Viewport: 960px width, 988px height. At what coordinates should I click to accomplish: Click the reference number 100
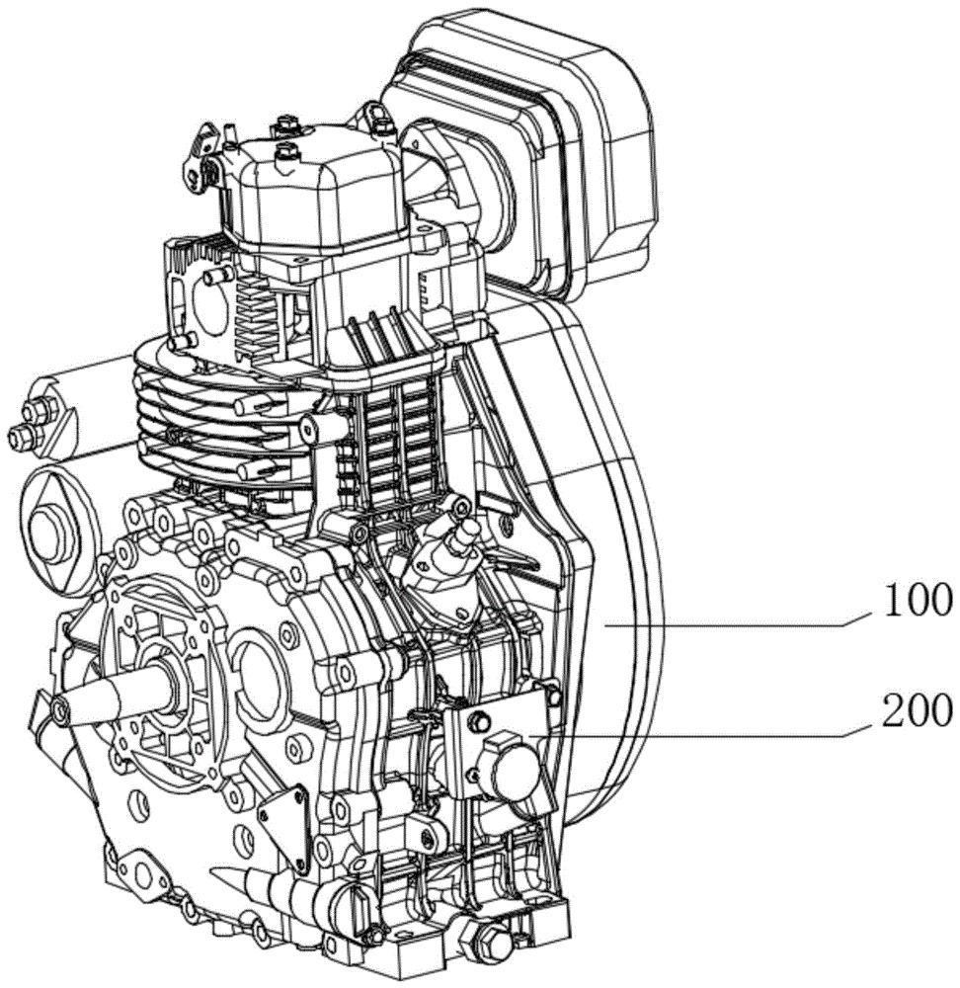918,600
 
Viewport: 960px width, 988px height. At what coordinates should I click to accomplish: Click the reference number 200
917,710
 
